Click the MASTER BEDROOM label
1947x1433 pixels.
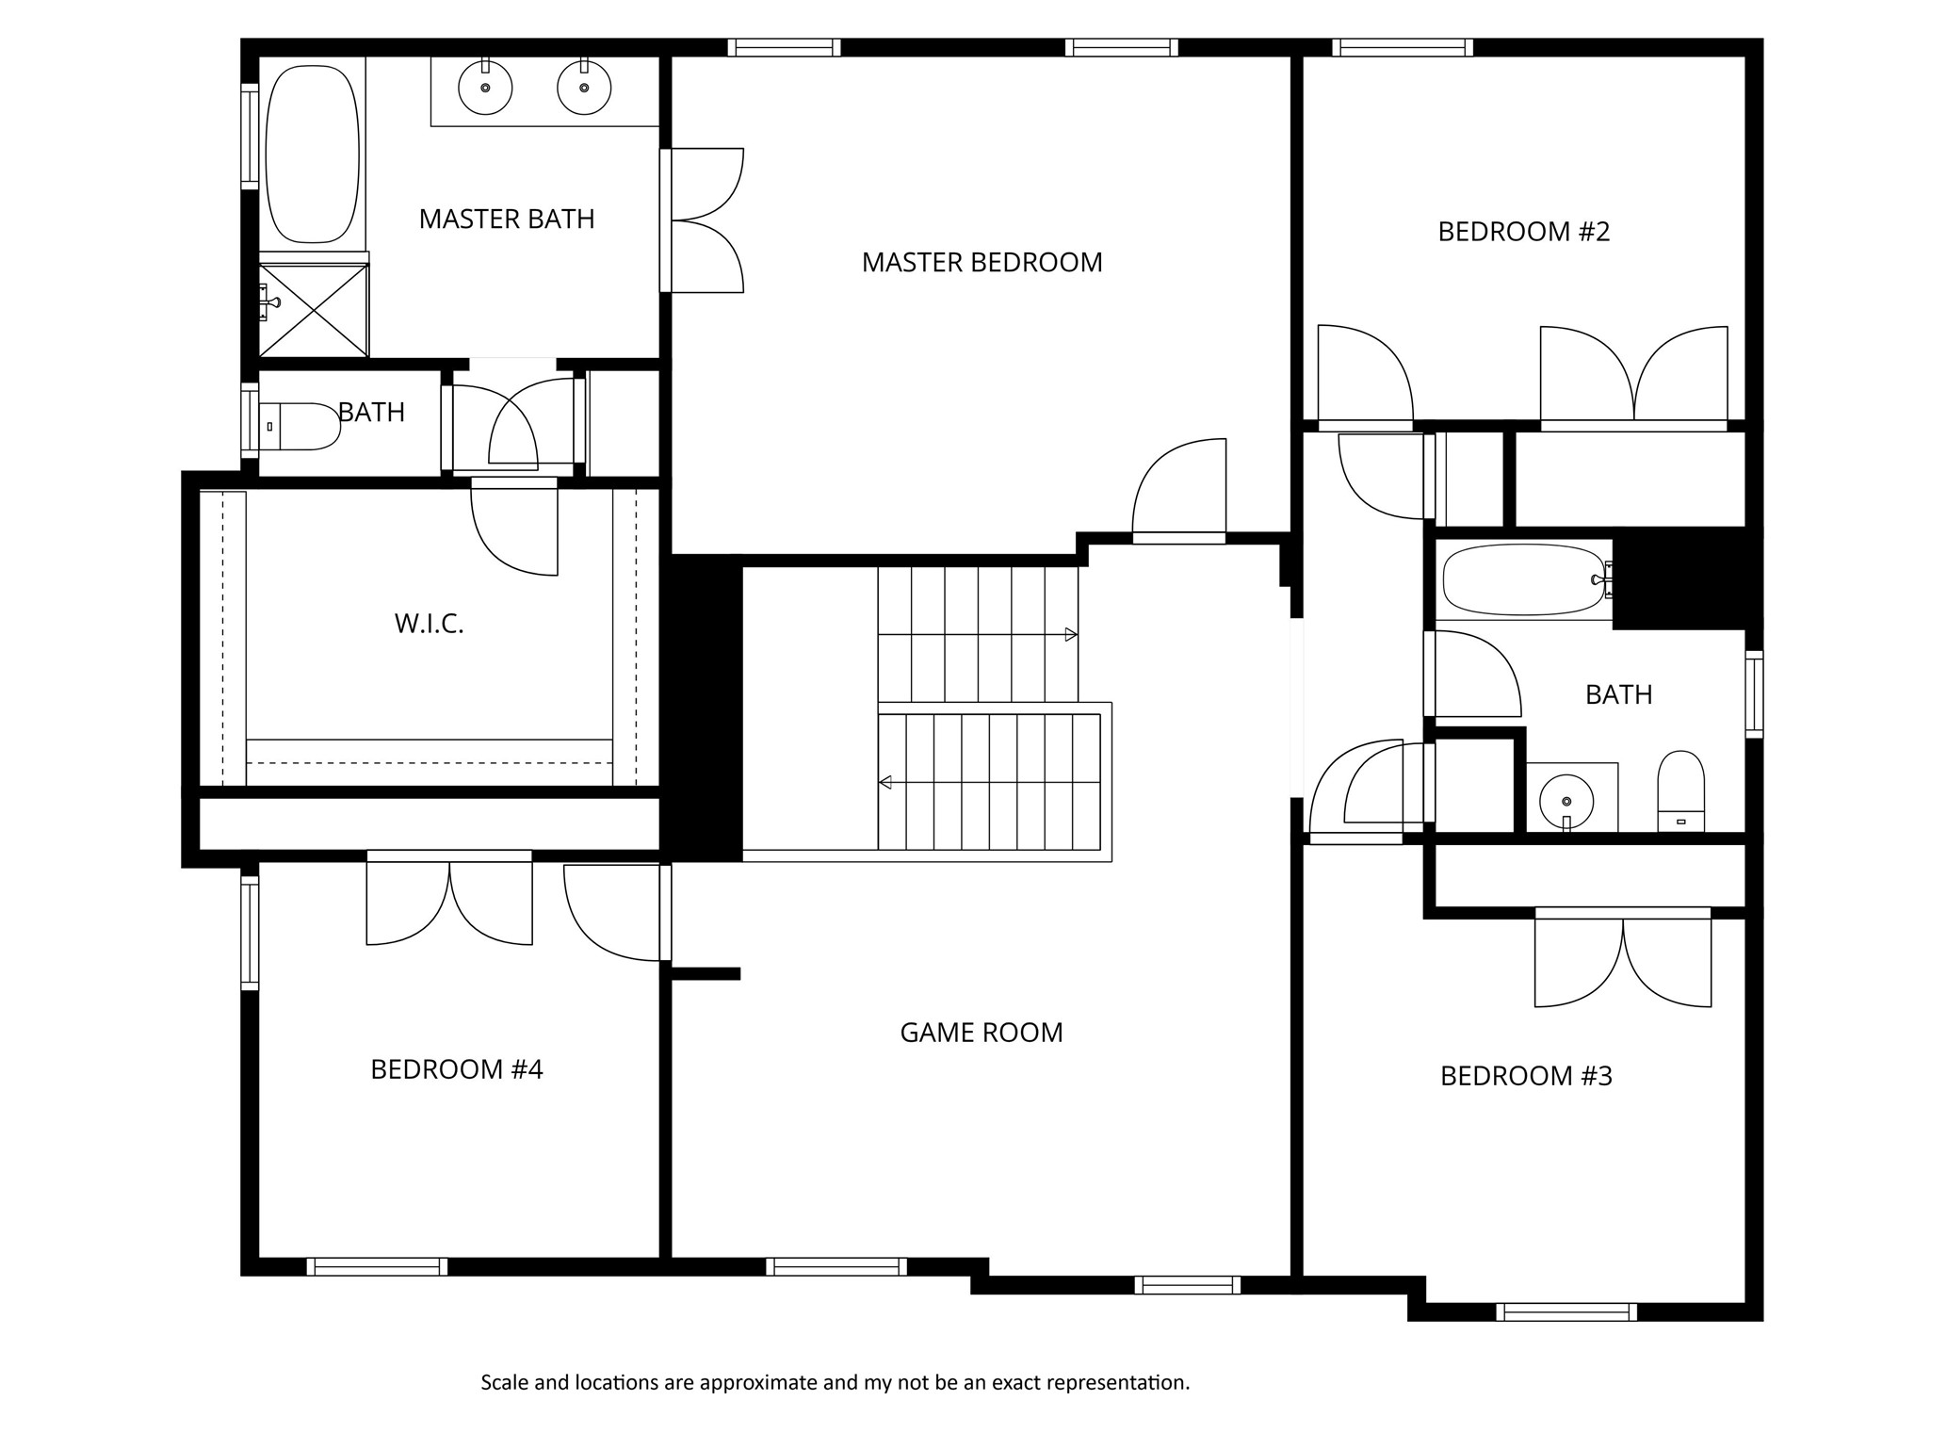coord(982,262)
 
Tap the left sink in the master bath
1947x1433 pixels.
coord(485,89)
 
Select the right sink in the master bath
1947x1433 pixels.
coord(584,89)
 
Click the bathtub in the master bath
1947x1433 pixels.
coord(313,154)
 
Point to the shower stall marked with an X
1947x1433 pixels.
coord(314,310)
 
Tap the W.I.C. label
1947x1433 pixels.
coord(430,624)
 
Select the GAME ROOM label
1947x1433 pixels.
coord(982,1033)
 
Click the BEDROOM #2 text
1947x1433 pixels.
coord(1523,232)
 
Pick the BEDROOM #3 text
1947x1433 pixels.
coord(1526,1076)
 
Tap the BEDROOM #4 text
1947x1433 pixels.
coord(457,1069)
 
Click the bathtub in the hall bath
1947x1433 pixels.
coord(1522,579)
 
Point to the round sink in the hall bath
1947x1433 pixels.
coord(1566,802)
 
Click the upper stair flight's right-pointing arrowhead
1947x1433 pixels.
coord(1071,635)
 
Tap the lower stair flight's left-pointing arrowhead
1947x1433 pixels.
coord(885,782)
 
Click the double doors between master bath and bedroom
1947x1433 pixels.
coord(702,220)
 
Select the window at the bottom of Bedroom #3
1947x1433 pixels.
coord(1566,1311)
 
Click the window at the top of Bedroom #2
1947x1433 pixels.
coord(1403,47)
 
